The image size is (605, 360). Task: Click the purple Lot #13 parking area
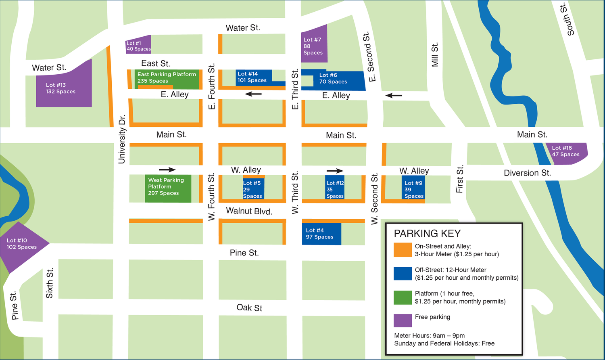tap(64, 87)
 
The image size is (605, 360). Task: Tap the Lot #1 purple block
tap(139, 45)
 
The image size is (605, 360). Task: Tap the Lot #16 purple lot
tap(568, 153)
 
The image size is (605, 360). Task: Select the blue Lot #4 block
tap(321, 233)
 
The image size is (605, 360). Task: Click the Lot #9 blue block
tap(413, 188)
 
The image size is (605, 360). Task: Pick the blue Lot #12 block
tap(335, 188)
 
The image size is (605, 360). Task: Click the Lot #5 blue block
tap(253, 188)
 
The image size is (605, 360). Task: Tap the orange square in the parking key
tap(403, 250)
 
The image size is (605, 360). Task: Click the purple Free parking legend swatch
tap(403, 320)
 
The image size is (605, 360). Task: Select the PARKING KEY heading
tap(427, 234)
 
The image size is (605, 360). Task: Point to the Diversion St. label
tap(527, 173)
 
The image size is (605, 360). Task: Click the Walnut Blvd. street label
tap(249, 211)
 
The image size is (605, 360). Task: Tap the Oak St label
tap(249, 308)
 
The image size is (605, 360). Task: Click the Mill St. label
tap(435, 55)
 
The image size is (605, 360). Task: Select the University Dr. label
tap(122, 140)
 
